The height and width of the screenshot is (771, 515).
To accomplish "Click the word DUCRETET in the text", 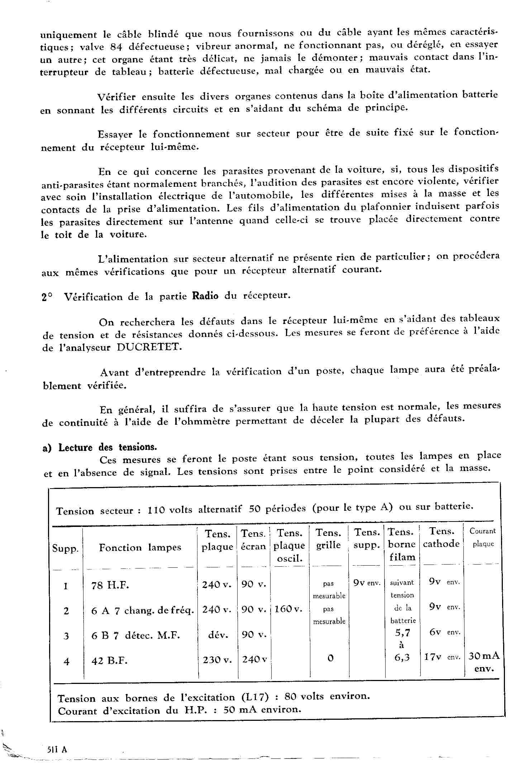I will (x=147, y=347).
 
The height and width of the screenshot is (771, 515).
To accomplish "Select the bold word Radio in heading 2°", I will (x=205, y=296).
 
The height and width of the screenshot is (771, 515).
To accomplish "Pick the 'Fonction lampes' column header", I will (x=140, y=548).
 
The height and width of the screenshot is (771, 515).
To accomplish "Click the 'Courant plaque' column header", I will (x=482, y=537).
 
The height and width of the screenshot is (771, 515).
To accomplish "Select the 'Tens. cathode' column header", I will (x=441, y=538).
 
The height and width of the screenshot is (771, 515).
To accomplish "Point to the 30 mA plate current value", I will (x=484, y=656).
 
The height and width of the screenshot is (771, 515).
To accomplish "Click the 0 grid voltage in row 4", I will (x=330, y=658).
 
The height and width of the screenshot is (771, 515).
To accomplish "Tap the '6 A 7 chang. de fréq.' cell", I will (x=143, y=610).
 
